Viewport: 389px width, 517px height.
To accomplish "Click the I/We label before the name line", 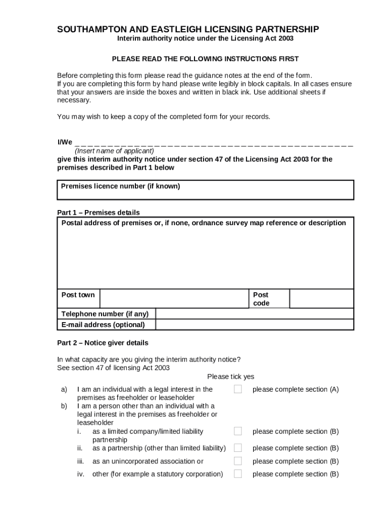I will click(x=65, y=142).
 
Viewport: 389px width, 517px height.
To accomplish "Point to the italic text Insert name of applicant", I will click(x=114, y=150).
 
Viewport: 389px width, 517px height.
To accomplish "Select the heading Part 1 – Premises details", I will click(x=99, y=213).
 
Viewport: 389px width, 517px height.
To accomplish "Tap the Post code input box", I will click(x=321, y=298).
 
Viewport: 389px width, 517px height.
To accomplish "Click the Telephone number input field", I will click(x=255, y=314).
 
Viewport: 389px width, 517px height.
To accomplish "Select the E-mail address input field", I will click(x=255, y=325).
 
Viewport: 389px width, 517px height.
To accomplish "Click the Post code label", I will click(x=261, y=299).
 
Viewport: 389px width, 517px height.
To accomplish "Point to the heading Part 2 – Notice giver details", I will click(x=103, y=343).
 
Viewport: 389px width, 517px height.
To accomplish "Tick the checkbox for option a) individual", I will click(x=238, y=389).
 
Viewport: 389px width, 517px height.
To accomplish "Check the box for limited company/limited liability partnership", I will click(x=238, y=431).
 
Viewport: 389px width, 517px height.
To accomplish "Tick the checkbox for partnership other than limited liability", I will click(x=238, y=448).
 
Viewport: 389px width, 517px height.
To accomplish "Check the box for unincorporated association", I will click(x=238, y=461).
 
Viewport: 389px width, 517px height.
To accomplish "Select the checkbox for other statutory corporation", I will click(x=238, y=474).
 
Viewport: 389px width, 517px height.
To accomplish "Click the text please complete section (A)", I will click(x=296, y=389).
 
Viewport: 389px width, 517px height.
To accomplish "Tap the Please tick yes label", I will click(x=230, y=377).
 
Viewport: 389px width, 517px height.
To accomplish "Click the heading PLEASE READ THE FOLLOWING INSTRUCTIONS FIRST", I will click(x=205, y=59).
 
